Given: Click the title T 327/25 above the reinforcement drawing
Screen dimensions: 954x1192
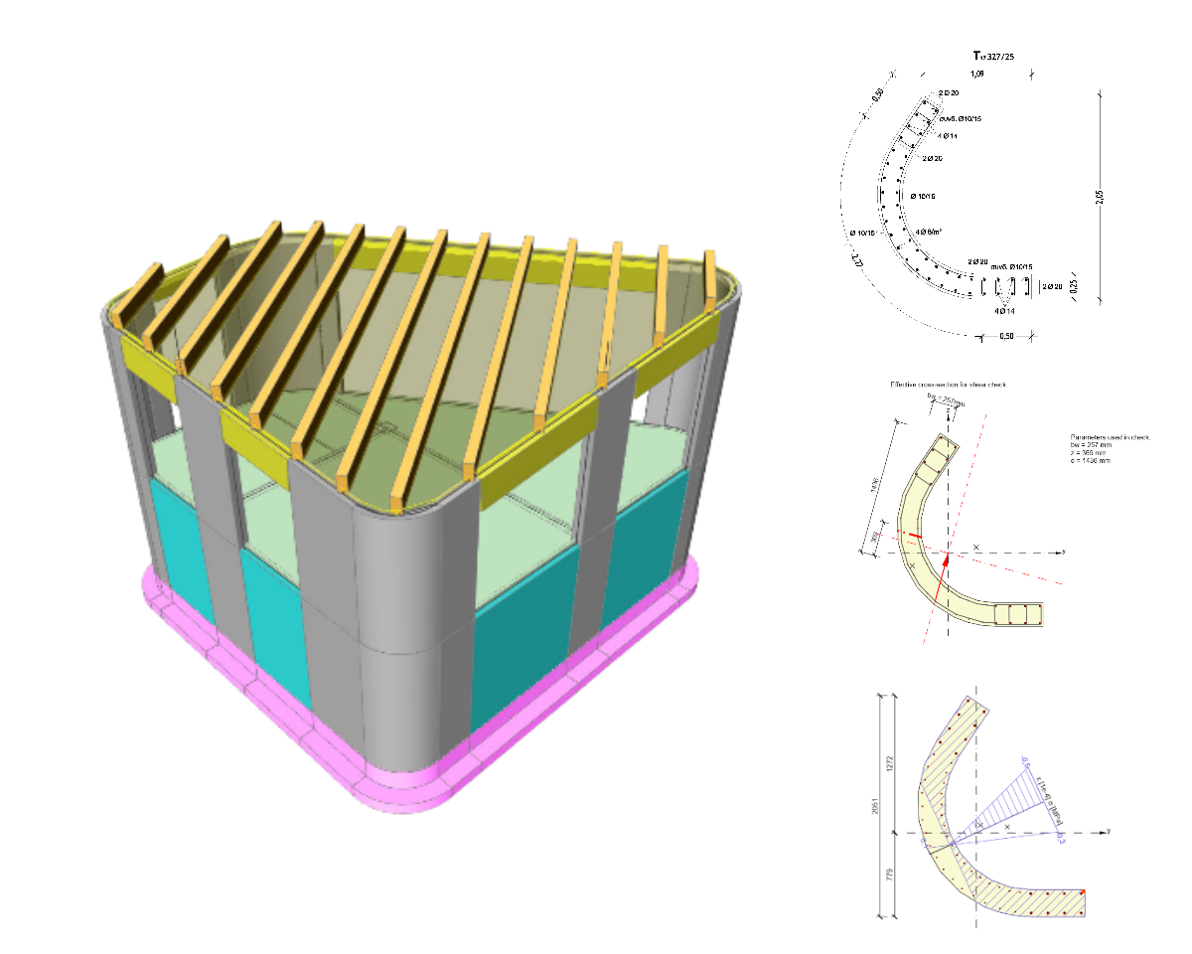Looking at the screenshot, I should [x=993, y=57].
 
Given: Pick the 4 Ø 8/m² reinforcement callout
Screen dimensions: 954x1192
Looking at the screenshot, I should [x=929, y=231].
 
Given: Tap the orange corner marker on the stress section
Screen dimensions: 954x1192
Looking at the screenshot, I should [x=1083, y=891].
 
